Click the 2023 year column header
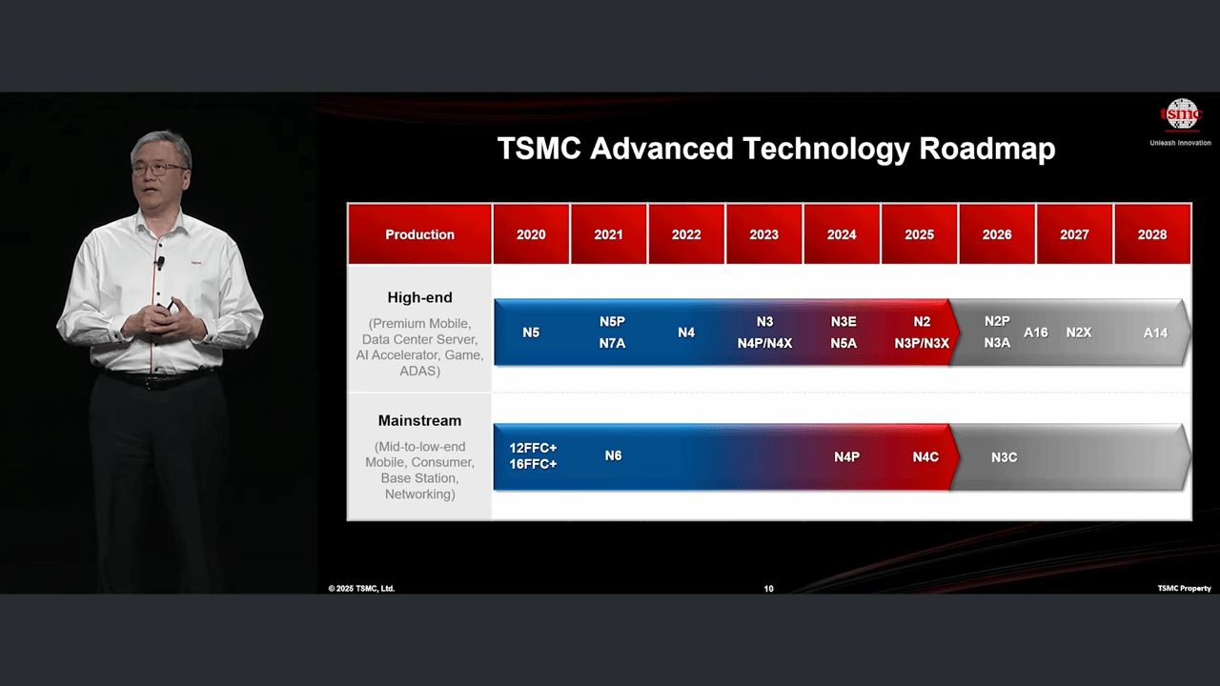763,234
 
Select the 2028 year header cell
1152,234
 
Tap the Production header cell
419,234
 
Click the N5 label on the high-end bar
531,333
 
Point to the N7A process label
612,344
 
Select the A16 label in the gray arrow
1035,333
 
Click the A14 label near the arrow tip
1155,333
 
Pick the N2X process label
1078,333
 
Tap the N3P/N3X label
922,344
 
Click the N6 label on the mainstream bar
613,455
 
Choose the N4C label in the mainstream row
925,456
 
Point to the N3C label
1004,457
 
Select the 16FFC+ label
533,464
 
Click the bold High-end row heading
419,297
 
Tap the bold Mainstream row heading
419,420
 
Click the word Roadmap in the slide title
986,148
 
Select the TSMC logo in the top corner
1181,115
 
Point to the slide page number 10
768,589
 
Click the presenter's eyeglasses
160,169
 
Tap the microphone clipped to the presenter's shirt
161,263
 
